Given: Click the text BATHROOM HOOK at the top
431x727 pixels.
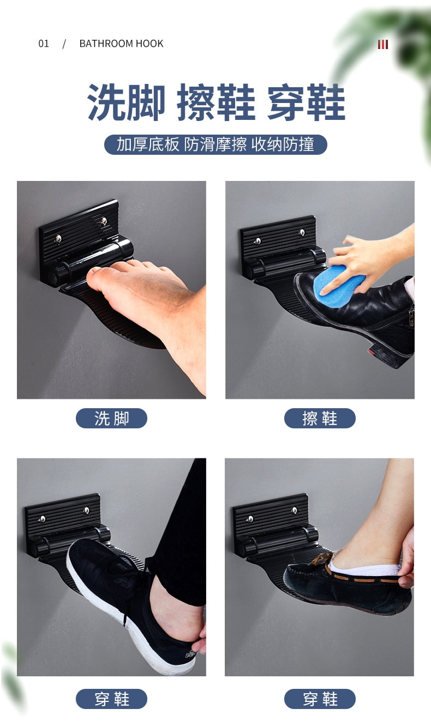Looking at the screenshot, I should point(121,44).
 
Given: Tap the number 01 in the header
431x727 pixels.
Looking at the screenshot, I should point(44,44).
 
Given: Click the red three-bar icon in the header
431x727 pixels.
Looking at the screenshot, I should point(383,44).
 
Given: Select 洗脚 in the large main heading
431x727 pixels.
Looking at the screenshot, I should point(126,102).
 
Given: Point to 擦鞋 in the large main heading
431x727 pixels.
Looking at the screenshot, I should point(216,102).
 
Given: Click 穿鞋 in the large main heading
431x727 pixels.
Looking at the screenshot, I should point(306,102).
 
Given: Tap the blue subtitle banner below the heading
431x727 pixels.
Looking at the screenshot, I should point(215,144).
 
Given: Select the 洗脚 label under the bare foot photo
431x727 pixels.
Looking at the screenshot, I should point(111,418).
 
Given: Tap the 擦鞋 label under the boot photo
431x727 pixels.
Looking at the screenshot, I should point(320,418).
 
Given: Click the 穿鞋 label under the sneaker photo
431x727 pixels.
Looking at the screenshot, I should point(111,699).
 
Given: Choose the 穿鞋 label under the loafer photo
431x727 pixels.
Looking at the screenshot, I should point(320,699).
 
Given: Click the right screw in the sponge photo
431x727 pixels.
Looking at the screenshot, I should point(302,232).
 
